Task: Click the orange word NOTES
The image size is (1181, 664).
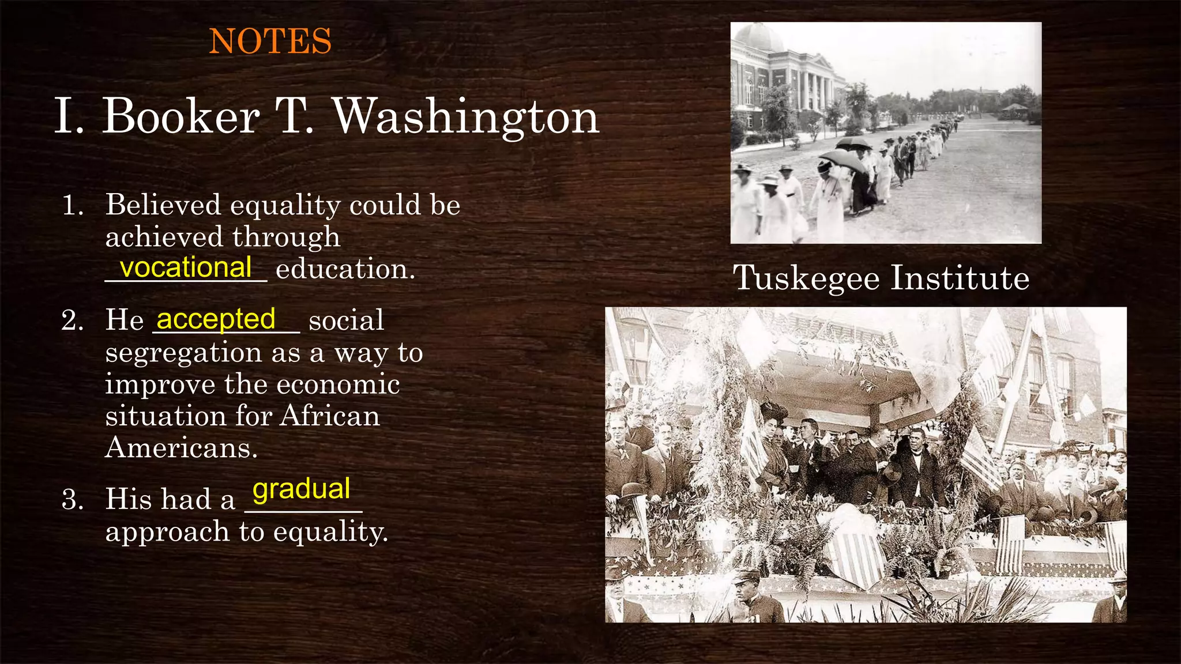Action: click(x=270, y=41)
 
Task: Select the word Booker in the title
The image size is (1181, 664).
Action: click(x=180, y=117)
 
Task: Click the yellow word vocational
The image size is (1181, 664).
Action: click(x=186, y=267)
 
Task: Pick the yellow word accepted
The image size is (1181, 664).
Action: click(x=216, y=319)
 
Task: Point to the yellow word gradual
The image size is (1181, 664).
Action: click(x=301, y=489)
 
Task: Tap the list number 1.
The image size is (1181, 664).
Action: click(x=73, y=206)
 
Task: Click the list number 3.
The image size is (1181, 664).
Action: click(x=73, y=499)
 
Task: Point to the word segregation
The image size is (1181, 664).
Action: click(x=183, y=353)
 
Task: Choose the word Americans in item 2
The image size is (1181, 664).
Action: click(x=181, y=448)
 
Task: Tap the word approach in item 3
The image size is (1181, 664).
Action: click(x=167, y=532)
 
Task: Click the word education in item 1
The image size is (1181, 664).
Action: click(x=345, y=269)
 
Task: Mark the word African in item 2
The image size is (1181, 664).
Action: click(x=330, y=416)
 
